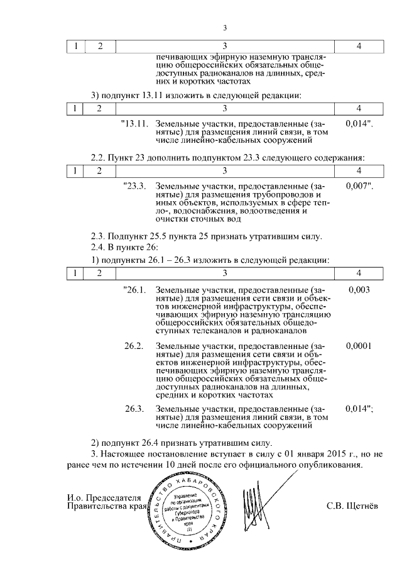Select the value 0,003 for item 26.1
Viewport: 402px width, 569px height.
(359, 290)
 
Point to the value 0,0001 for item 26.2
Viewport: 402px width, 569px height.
(359, 346)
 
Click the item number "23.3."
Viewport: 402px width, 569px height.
(135, 186)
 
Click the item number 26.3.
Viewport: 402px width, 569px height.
(134, 409)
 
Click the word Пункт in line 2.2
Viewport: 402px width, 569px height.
(121, 156)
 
